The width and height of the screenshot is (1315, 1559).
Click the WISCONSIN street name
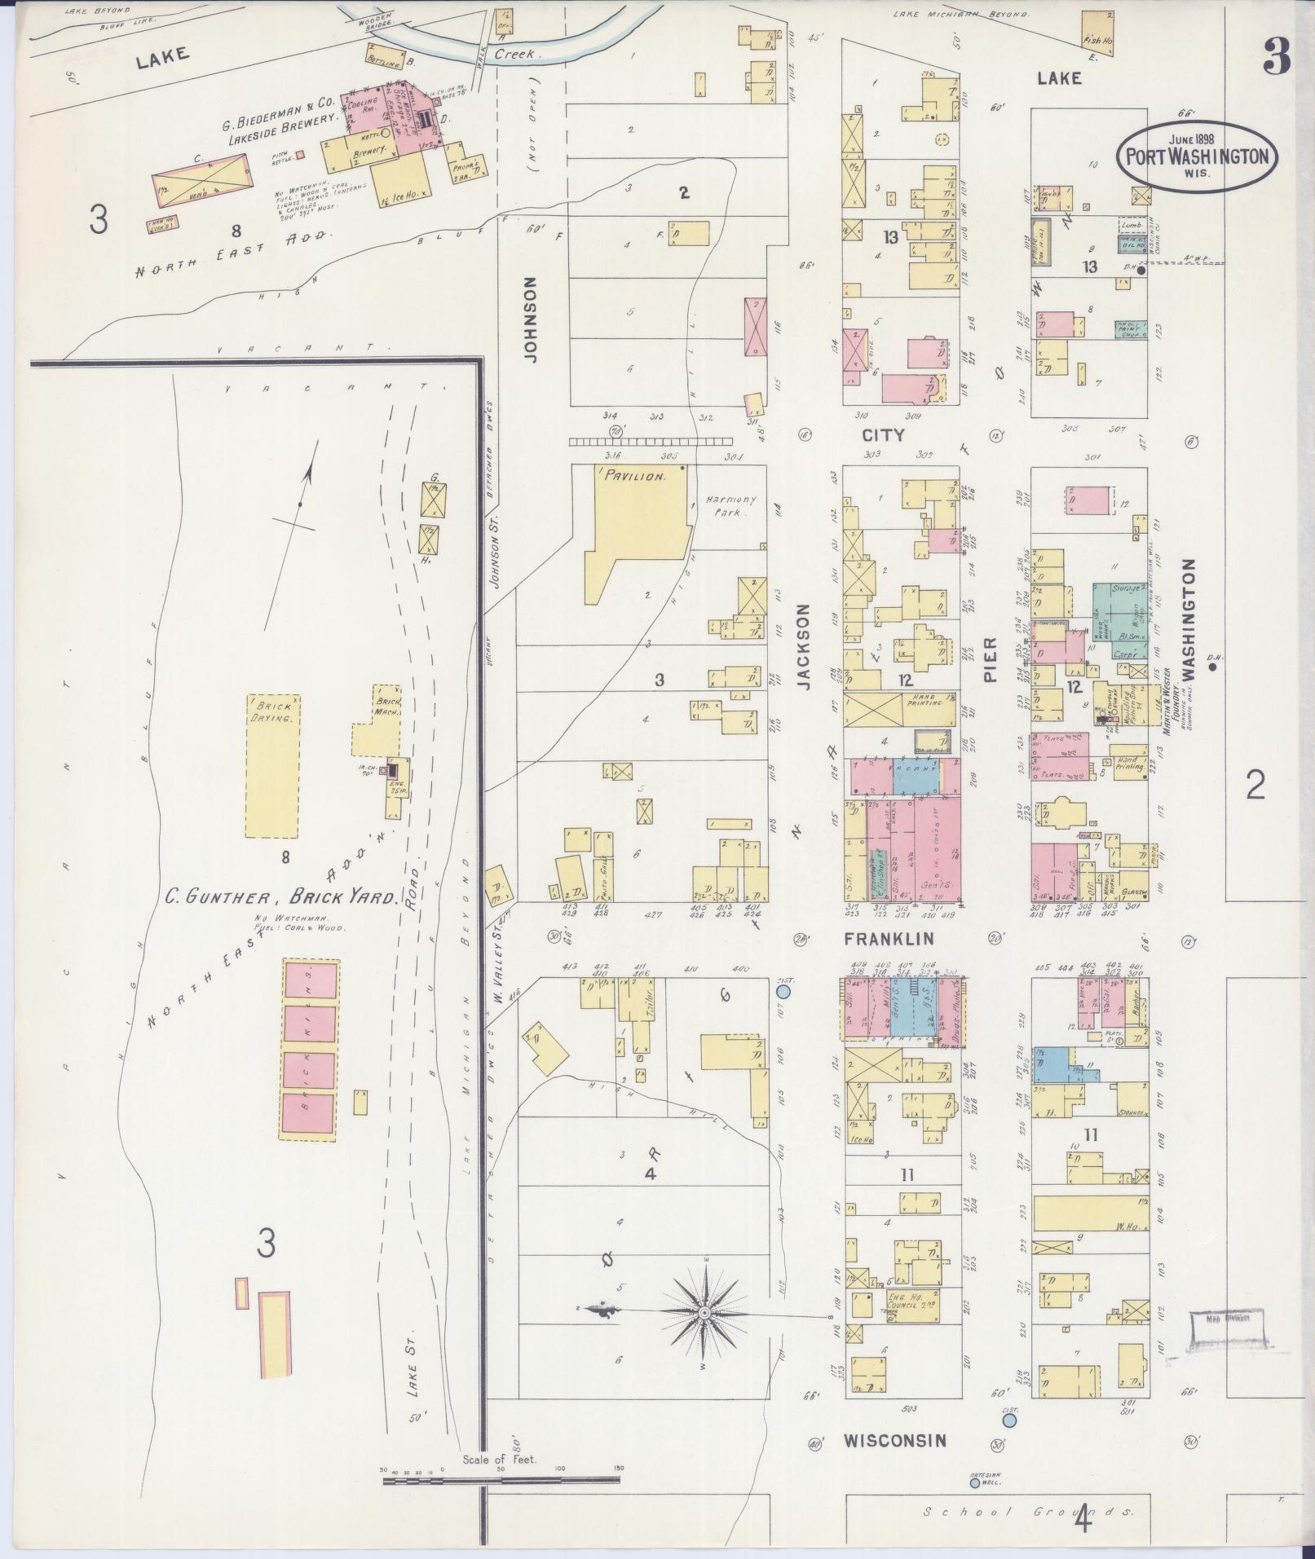894,1440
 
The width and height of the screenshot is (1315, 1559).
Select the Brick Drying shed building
273,766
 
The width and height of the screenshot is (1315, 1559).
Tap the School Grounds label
1028,1513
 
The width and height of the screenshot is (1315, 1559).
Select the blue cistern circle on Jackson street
783,992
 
